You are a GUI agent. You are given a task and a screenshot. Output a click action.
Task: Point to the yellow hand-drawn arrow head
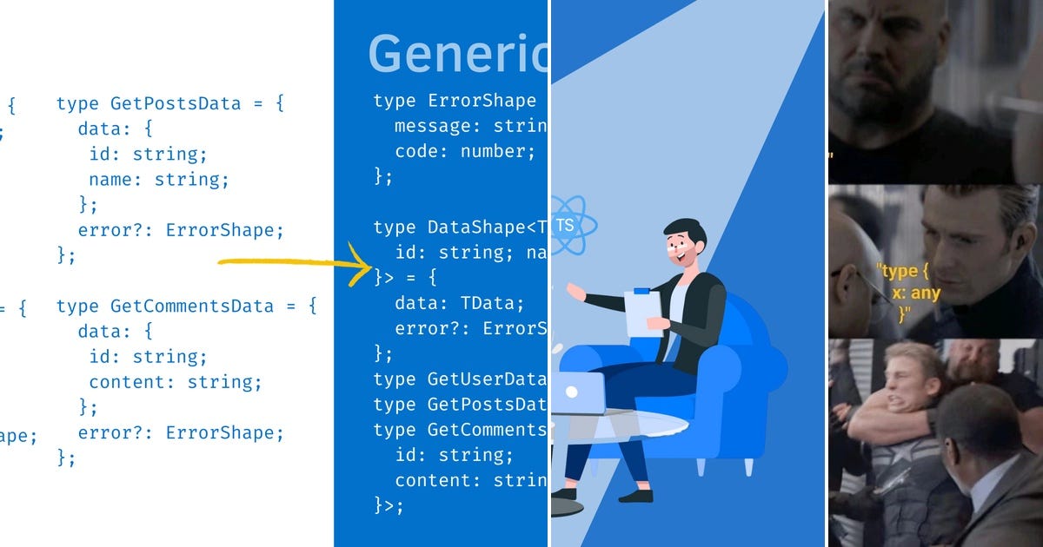(363, 264)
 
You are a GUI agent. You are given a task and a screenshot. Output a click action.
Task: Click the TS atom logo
(565, 226)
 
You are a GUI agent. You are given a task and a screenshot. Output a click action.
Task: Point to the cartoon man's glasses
(676, 246)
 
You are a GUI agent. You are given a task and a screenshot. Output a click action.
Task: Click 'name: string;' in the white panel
(158, 180)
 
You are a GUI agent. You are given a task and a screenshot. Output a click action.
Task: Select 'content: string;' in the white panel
(175, 382)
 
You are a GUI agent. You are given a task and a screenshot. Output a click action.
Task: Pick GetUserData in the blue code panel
(487, 379)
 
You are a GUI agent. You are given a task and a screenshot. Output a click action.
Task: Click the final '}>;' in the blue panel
(389, 505)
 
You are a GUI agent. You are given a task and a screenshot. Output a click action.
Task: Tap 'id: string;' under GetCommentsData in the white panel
(148, 357)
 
